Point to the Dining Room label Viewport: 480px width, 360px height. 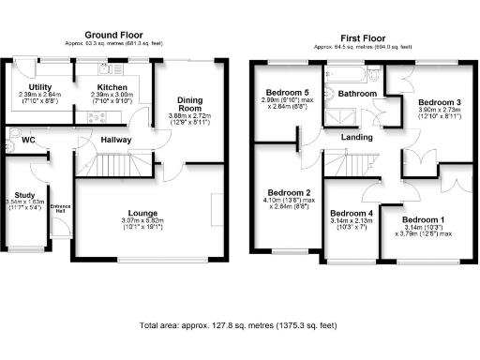coord(189,104)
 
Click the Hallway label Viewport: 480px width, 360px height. coord(117,141)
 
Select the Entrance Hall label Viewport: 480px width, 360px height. coord(60,208)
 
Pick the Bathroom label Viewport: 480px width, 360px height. coord(357,95)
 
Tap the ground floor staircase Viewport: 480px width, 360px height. coord(112,168)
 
